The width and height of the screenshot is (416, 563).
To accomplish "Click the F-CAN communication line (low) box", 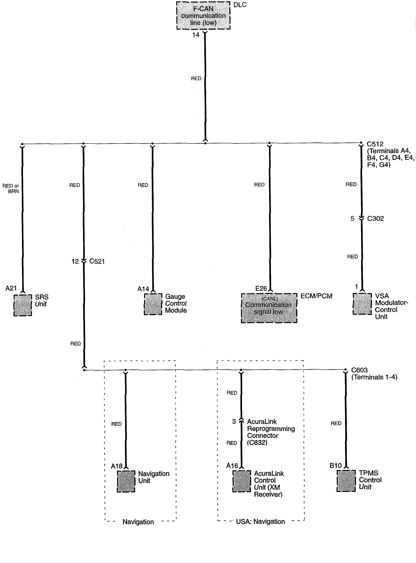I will click(x=203, y=16).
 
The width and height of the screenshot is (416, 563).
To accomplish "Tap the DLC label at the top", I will click(x=240, y=5).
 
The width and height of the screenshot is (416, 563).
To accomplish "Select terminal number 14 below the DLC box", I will click(x=196, y=35).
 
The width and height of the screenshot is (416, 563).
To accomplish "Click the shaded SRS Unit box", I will click(x=23, y=305).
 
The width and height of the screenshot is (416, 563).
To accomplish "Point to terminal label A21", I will click(x=11, y=288).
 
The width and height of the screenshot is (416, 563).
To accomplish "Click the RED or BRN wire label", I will click(x=11, y=188).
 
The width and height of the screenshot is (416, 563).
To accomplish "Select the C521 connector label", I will click(x=97, y=261).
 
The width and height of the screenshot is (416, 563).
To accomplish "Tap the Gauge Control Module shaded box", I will click(x=153, y=304).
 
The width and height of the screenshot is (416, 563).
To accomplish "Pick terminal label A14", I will click(x=143, y=289).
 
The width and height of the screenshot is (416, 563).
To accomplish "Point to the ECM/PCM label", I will click(x=316, y=296).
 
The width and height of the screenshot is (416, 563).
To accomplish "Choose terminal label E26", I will click(x=261, y=288).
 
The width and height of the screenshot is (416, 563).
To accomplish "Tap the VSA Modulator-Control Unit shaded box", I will click(x=362, y=304).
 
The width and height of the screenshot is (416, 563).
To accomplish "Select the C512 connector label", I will click(x=375, y=144).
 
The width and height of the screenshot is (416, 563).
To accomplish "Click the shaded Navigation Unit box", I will click(x=126, y=481).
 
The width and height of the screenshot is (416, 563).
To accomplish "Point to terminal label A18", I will click(x=117, y=466).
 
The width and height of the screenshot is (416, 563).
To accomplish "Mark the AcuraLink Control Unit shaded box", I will click(x=241, y=481).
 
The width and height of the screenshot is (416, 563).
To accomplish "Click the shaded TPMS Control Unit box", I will click(x=346, y=481).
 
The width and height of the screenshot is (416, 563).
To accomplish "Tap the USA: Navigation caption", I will click(x=260, y=521).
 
